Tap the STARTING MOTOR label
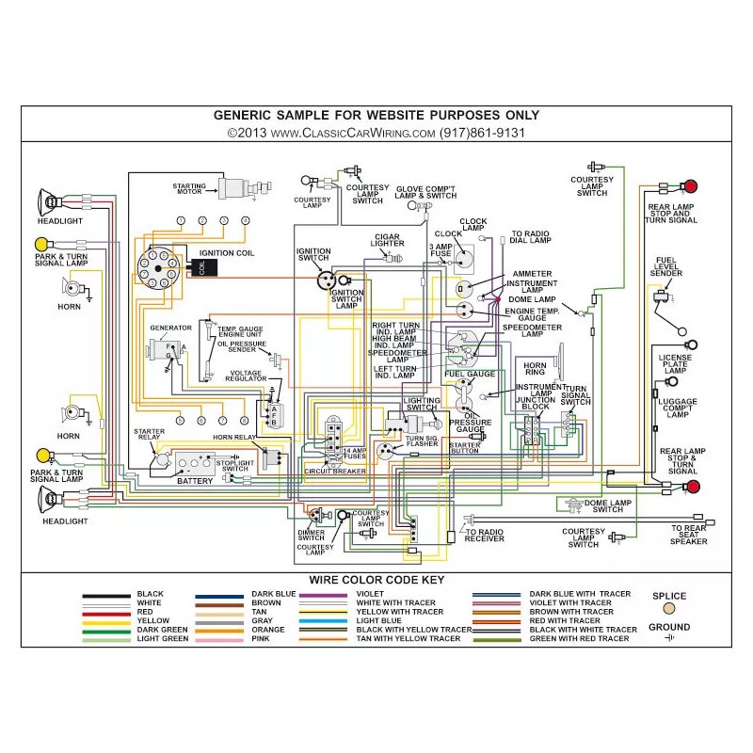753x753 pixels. coord(195,189)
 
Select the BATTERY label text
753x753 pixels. coord(196,482)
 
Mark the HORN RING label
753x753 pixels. coord(535,369)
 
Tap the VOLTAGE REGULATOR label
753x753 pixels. coord(246,376)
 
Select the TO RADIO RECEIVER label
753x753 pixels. coord(484,537)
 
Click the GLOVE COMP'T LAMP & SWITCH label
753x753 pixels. coord(425,192)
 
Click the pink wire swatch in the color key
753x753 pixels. coord(218,639)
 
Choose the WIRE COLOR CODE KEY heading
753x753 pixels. coord(376,581)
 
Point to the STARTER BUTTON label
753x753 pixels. coord(465,447)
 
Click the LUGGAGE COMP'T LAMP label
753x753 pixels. coord(678,408)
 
